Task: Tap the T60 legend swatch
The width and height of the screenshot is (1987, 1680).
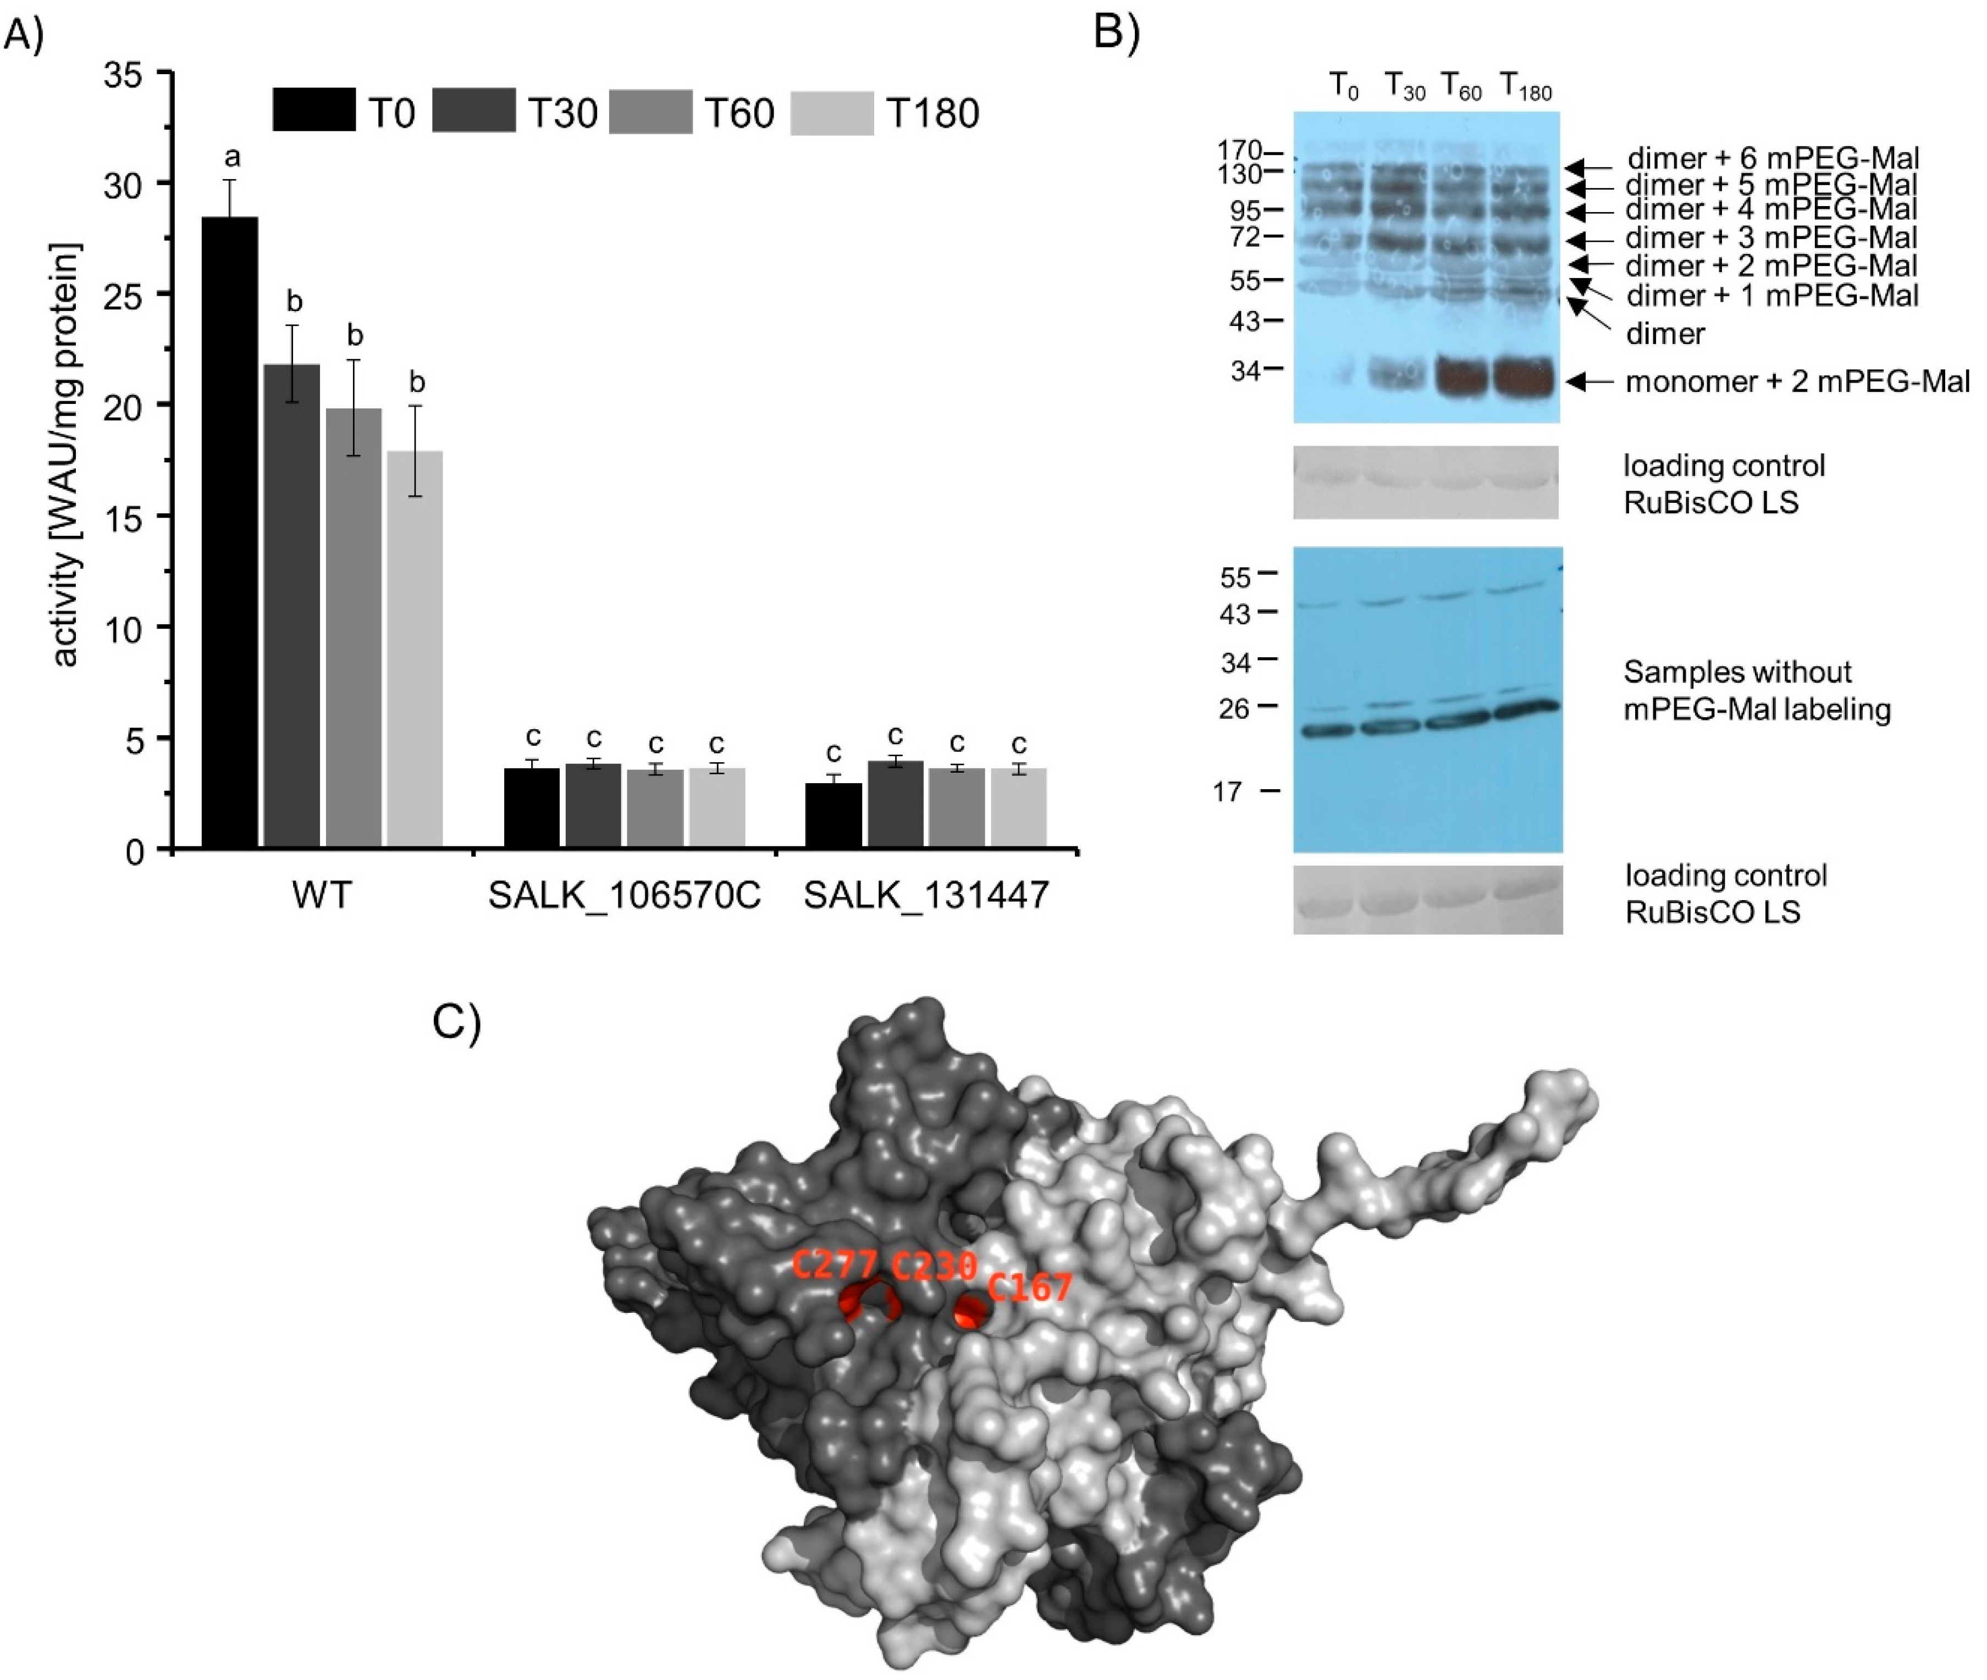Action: pyautogui.click(x=650, y=112)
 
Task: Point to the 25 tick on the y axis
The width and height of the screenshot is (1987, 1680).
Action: pyautogui.click(x=134, y=294)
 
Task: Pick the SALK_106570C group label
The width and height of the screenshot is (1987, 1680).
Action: pyautogui.click(x=624, y=895)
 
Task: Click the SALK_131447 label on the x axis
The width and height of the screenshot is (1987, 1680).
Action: pyautogui.click(x=926, y=895)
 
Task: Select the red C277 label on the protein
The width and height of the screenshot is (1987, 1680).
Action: pyautogui.click(x=835, y=1266)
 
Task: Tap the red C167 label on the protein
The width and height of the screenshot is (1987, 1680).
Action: pyautogui.click(x=1030, y=1289)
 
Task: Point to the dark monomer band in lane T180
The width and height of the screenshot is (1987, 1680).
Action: pyautogui.click(x=1525, y=377)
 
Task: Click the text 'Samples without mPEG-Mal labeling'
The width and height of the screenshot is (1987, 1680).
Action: pyautogui.click(x=1757, y=690)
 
